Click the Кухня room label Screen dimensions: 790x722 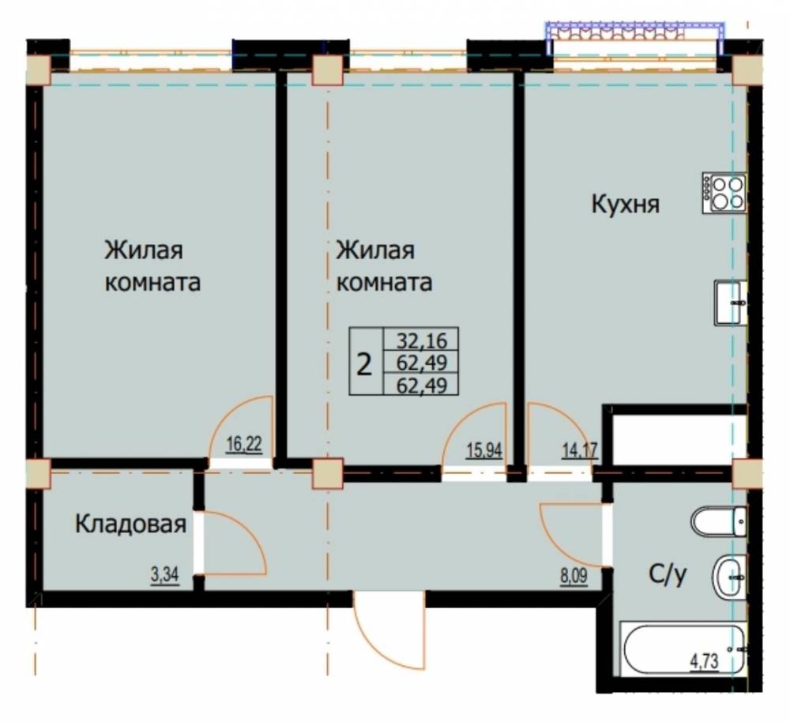click(625, 205)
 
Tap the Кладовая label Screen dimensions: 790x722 click(130, 525)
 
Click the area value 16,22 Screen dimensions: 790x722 click(244, 445)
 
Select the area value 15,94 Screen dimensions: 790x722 click(484, 450)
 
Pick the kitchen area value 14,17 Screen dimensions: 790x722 click(580, 450)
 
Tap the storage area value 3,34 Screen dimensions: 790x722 click(165, 574)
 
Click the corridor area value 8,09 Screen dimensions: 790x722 click(574, 575)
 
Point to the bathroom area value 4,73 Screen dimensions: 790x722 click(703, 660)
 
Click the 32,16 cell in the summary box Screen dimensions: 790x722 click(422, 340)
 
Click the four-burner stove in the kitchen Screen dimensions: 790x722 click(724, 193)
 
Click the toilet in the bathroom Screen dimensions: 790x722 click(719, 521)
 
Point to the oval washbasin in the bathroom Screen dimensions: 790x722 click(729, 577)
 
